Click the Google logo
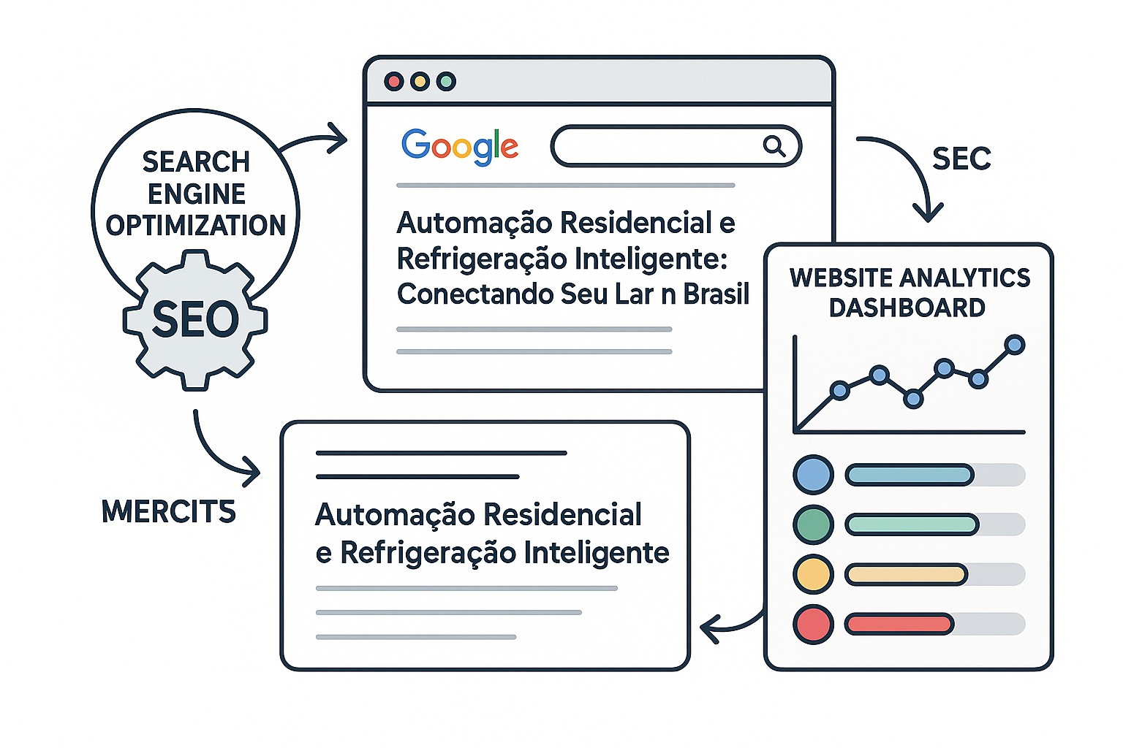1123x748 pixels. click(x=460, y=147)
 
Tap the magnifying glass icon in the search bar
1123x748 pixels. click(x=774, y=146)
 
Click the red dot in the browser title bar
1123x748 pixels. click(x=393, y=81)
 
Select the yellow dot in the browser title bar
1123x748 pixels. click(x=420, y=81)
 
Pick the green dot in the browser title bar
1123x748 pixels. click(x=446, y=81)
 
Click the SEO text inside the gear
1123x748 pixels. click(x=195, y=319)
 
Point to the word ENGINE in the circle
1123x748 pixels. click(x=197, y=194)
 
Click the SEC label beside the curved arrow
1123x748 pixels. click(x=961, y=159)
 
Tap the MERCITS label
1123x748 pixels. click(x=168, y=511)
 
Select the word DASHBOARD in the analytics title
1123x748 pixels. click(x=907, y=308)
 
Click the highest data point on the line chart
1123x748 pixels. click(x=1015, y=345)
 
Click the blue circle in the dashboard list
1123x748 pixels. click(x=813, y=475)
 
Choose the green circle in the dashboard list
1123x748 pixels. click(x=813, y=524)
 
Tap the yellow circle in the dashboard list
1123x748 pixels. click(x=813, y=574)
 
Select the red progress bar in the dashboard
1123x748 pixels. click(x=899, y=625)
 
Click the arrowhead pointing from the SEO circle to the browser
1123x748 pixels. click(x=337, y=138)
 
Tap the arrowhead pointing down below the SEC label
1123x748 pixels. click(x=928, y=212)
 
